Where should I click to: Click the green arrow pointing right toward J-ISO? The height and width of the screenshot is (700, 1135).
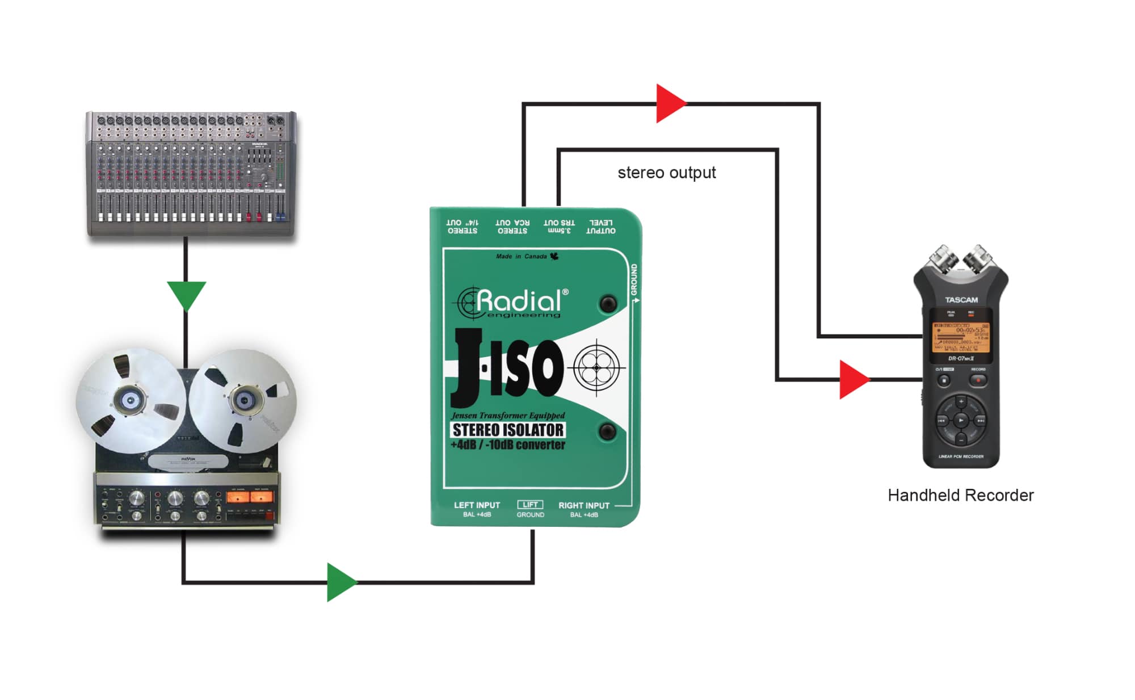pyautogui.click(x=340, y=582)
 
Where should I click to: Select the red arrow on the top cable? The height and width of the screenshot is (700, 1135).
pyautogui.click(x=670, y=103)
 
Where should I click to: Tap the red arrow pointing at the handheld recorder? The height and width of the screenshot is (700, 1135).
pyautogui.click(x=852, y=379)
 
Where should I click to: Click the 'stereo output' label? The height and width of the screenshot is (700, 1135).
pyautogui.click(x=666, y=173)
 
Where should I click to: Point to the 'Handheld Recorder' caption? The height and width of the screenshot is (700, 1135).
pyautogui.click(x=960, y=495)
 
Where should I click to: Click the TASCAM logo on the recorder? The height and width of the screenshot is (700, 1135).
pyautogui.click(x=961, y=300)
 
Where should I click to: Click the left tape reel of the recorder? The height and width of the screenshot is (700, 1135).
pyautogui.click(x=131, y=400)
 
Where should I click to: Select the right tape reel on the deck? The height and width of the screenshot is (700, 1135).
pyautogui.click(x=243, y=400)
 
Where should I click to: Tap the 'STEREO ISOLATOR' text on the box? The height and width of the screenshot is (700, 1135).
pyautogui.click(x=508, y=430)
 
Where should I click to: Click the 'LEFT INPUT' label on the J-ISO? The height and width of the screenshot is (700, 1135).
pyautogui.click(x=477, y=505)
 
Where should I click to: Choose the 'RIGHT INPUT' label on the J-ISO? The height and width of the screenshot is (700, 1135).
pyautogui.click(x=583, y=505)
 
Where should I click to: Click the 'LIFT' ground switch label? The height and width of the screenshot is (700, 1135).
pyautogui.click(x=530, y=505)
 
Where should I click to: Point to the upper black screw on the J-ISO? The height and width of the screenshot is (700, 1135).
pyautogui.click(x=608, y=303)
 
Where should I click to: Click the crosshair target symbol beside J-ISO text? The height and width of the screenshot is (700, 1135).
pyautogui.click(x=596, y=368)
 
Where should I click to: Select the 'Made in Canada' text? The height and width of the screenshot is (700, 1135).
pyautogui.click(x=522, y=257)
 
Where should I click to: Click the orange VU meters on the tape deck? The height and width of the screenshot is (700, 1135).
pyautogui.click(x=250, y=498)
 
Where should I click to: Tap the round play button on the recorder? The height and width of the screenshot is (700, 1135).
pyautogui.click(x=961, y=421)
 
